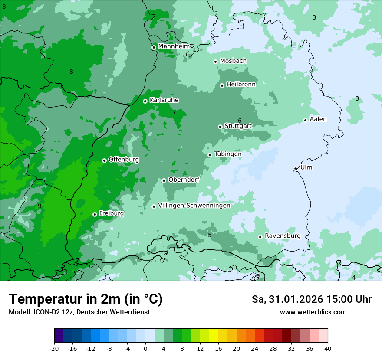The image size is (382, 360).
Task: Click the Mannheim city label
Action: (174, 46)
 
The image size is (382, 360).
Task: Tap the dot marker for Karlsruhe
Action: (145, 101)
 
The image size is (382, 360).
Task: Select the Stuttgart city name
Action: (238, 126)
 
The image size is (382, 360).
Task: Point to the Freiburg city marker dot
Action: (95, 214)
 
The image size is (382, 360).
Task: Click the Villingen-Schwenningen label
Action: (194, 206)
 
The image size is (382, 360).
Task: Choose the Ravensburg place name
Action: (283, 236)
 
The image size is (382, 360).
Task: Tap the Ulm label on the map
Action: (306, 167)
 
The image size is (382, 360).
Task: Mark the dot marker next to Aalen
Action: (305, 120)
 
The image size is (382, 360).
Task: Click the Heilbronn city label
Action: (241, 85)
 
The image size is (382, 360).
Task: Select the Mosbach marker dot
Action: (215, 62)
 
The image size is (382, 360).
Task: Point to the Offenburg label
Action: (124, 160)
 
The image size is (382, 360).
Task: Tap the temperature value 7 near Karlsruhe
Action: (174, 112)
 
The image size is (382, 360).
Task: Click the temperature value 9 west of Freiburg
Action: (40, 206)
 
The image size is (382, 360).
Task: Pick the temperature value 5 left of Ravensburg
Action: (210, 235)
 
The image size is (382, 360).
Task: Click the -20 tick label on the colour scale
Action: (54, 349)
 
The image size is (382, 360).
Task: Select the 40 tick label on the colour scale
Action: (328, 349)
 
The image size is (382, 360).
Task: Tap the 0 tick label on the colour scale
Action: (145, 349)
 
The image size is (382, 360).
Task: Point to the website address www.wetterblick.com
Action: (313, 312)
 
